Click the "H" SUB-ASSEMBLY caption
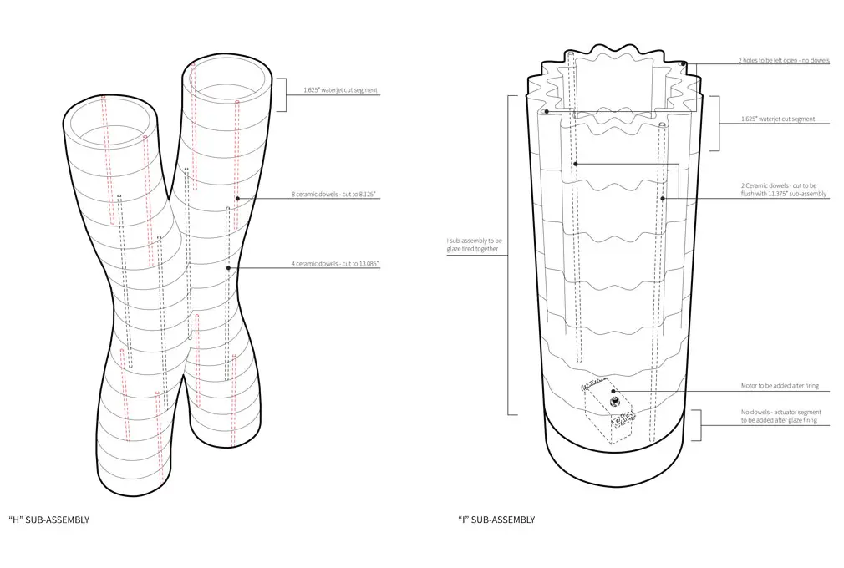(49, 520)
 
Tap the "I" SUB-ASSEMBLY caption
(496, 520)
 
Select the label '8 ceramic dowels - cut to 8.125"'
(333, 194)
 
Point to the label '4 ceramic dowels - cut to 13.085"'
(335, 264)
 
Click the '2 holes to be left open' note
(784, 60)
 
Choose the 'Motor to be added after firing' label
(780, 386)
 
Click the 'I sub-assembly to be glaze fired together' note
(474, 245)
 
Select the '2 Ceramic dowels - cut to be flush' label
(784, 190)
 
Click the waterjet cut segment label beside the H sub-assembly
(340, 90)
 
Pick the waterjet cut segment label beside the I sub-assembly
(778, 119)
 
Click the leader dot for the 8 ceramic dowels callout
(237, 199)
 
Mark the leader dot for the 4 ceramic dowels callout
(228, 268)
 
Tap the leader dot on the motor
(613, 391)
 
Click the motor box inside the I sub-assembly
(609, 412)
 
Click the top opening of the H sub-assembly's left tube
(111, 123)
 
